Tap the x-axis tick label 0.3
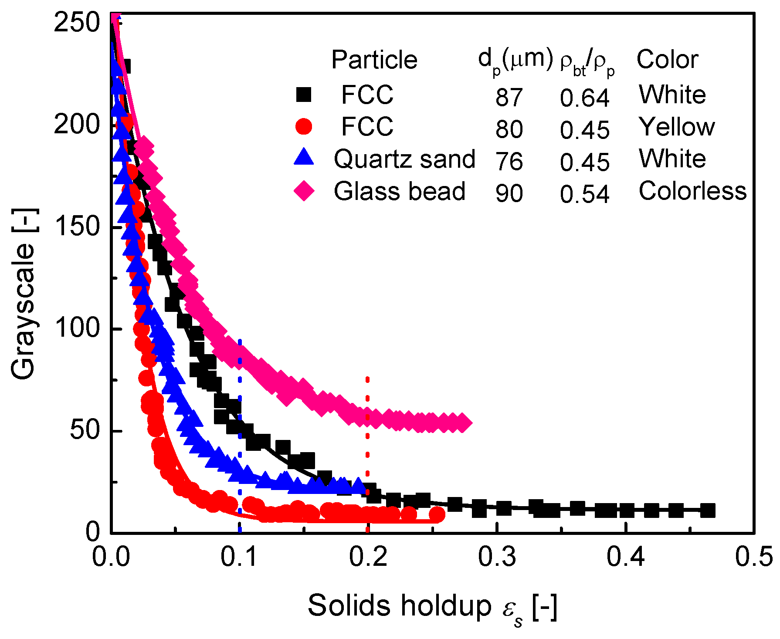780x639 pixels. (x=497, y=557)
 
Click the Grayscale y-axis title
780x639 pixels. (x=23, y=294)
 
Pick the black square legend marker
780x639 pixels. (x=304, y=95)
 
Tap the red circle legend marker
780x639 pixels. (x=304, y=127)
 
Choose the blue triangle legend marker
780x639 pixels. (x=304, y=157)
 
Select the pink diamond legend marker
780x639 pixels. (x=304, y=191)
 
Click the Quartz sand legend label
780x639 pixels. (x=404, y=159)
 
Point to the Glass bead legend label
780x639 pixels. (x=400, y=191)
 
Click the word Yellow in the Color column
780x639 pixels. (x=676, y=127)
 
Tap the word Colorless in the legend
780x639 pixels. (x=692, y=191)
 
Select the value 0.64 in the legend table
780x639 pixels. (x=584, y=97)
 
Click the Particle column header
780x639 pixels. (x=374, y=60)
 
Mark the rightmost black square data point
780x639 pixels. (x=708, y=511)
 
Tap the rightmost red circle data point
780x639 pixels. (x=437, y=514)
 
